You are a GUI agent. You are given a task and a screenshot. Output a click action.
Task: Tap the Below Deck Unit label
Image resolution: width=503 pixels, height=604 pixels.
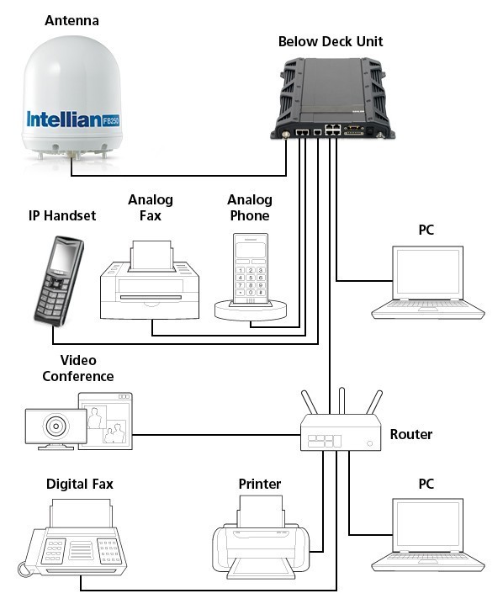click(331, 41)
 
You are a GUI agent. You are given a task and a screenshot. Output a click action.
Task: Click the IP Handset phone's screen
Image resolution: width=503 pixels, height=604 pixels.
click(63, 257)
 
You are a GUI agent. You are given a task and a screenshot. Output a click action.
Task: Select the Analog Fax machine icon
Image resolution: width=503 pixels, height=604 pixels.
click(150, 280)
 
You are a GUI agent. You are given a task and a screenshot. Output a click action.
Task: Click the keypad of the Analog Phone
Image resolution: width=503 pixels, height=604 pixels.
click(251, 282)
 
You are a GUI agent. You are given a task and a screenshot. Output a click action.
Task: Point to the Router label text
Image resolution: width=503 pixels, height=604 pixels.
click(411, 434)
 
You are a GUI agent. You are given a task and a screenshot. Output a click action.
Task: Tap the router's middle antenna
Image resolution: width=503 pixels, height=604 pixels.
click(342, 401)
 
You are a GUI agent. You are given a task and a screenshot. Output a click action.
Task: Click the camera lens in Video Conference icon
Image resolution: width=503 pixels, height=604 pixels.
click(56, 426)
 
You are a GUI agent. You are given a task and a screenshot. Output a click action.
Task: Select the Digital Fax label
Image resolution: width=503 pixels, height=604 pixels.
click(80, 484)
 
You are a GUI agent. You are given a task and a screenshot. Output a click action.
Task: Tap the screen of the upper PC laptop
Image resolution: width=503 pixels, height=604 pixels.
click(427, 272)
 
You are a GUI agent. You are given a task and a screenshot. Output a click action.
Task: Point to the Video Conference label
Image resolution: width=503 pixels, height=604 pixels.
click(78, 368)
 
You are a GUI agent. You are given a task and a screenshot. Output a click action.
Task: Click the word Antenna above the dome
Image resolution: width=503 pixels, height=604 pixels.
click(71, 20)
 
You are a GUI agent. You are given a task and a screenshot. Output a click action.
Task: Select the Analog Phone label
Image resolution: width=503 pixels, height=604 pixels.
click(250, 208)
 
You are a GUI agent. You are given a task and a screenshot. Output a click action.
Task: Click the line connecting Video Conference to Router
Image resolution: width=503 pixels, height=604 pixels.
click(216, 435)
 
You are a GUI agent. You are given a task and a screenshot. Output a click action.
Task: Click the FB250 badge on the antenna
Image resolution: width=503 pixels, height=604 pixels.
click(111, 120)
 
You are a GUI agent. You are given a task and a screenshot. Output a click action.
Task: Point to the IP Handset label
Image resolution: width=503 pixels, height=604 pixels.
click(62, 215)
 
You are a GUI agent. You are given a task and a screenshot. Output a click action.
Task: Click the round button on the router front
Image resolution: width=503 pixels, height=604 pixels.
click(370, 443)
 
